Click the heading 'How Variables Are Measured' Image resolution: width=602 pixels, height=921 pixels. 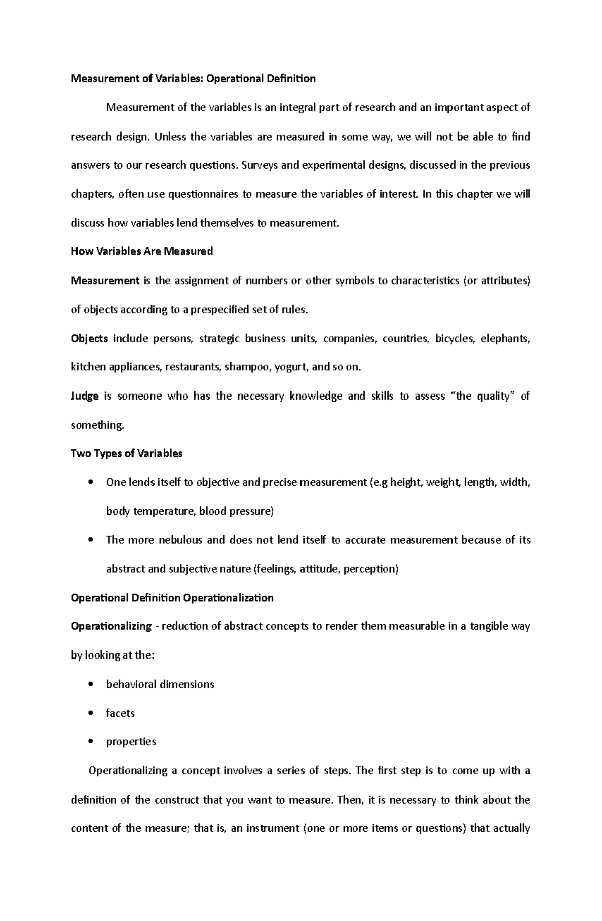click(142, 251)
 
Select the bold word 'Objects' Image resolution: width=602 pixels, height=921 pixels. click(89, 338)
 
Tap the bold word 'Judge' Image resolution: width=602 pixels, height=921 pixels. click(85, 396)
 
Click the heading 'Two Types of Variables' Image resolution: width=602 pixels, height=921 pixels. click(126, 453)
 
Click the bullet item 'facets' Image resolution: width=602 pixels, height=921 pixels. click(120, 713)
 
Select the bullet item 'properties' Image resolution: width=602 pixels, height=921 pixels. click(131, 742)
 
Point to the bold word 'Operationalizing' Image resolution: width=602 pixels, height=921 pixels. click(111, 626)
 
